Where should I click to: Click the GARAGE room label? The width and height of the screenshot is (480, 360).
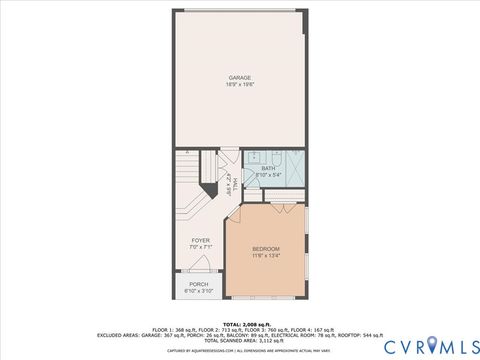click(x=239, y=77)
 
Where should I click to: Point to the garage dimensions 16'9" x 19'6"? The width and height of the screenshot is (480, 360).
click(x=239, y=84)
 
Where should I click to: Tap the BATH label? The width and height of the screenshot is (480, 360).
click(x=268, y=168)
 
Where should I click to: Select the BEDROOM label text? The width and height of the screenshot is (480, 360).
click(x=266, y=248)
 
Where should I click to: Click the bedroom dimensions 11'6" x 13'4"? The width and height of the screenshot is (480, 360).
click(x=266, y=255)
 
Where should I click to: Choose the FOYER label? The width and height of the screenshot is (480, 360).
click(x=200, y=241)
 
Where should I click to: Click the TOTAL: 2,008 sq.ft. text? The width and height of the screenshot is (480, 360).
click(x=239, y=324)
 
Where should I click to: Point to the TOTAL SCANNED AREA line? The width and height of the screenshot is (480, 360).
click(x=239, y=340)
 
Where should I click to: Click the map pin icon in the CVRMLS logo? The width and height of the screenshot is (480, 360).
click(x=432, y=346)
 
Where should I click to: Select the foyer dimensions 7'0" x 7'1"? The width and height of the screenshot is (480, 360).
click(x=200, y=248)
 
